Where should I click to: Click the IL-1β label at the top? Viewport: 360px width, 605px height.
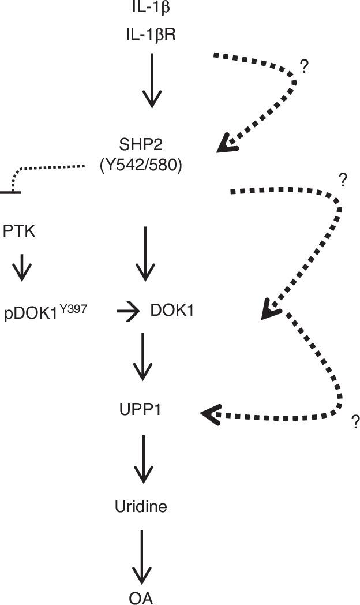151,8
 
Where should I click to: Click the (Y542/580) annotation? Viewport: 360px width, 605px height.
141,166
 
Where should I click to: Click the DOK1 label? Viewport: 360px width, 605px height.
171,311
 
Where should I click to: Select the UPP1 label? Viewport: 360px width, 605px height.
142,410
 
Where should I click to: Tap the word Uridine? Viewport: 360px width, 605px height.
141,507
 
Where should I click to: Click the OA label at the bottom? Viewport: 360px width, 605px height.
141,597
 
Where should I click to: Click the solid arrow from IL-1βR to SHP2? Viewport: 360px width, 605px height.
151,81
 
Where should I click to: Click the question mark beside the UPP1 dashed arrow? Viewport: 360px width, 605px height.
355,423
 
